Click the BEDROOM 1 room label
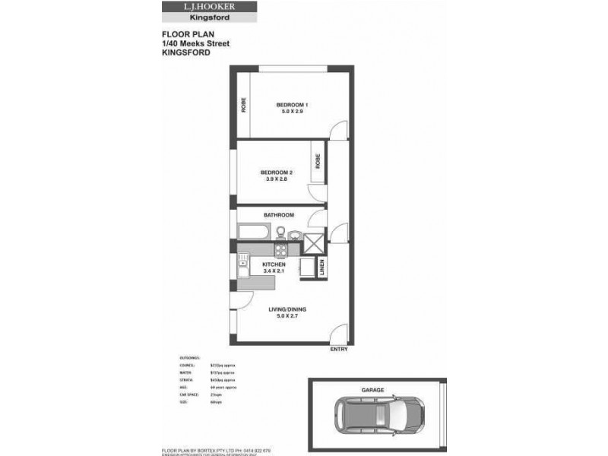pos(291,104)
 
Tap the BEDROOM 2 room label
pos(276,173)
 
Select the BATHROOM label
pos(278,215)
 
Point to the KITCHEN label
pos(274,264)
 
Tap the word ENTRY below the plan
pos(338,350)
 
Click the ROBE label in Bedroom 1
pos(244,106)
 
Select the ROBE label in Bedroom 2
pos(318,161)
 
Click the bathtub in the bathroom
pos(253,232)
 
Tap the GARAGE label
pos(373,390)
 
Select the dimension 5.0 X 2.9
pos(291,112)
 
